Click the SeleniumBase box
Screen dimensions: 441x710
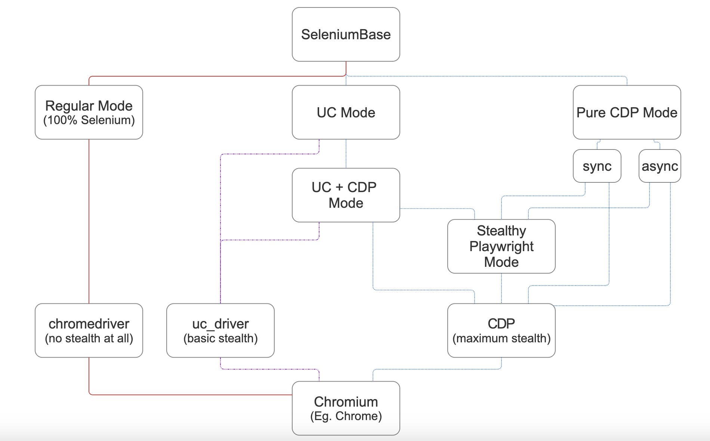click(x=346, y=34)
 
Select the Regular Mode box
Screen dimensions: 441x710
click(x=89, y=112)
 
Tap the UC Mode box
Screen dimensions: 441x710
click(x=346, y=112)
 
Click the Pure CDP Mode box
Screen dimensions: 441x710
click(x=627, y=112)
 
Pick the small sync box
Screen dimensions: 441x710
click(x=597, y=166)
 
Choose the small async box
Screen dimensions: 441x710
click(x=660, y=166)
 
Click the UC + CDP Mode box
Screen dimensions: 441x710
click(x=346, y=195)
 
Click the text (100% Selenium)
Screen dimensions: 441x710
click(x=89, y=120)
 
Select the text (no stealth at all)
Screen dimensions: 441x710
click(x=89, y=339)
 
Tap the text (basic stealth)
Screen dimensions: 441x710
click(x=220, y=339)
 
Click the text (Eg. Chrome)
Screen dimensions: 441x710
click(x=346, y=416)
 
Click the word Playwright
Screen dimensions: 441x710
click(x=501, y=247)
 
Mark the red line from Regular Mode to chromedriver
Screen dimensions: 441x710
click(x=89, y=220)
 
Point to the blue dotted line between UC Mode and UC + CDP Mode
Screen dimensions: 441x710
click(x=346, y=153)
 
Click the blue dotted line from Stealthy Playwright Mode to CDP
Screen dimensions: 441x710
click(x=501, y=289)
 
